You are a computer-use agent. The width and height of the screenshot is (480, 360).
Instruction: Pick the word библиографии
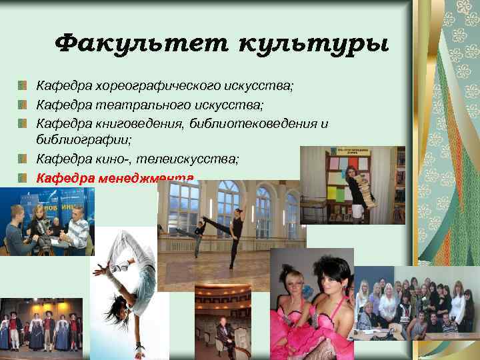pos(84,141)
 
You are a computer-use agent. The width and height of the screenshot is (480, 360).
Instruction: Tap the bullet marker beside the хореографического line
pos(23,87)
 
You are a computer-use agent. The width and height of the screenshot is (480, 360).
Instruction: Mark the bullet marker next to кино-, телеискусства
pos(23,159)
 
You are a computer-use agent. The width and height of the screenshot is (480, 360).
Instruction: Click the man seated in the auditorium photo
pos(223,334)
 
